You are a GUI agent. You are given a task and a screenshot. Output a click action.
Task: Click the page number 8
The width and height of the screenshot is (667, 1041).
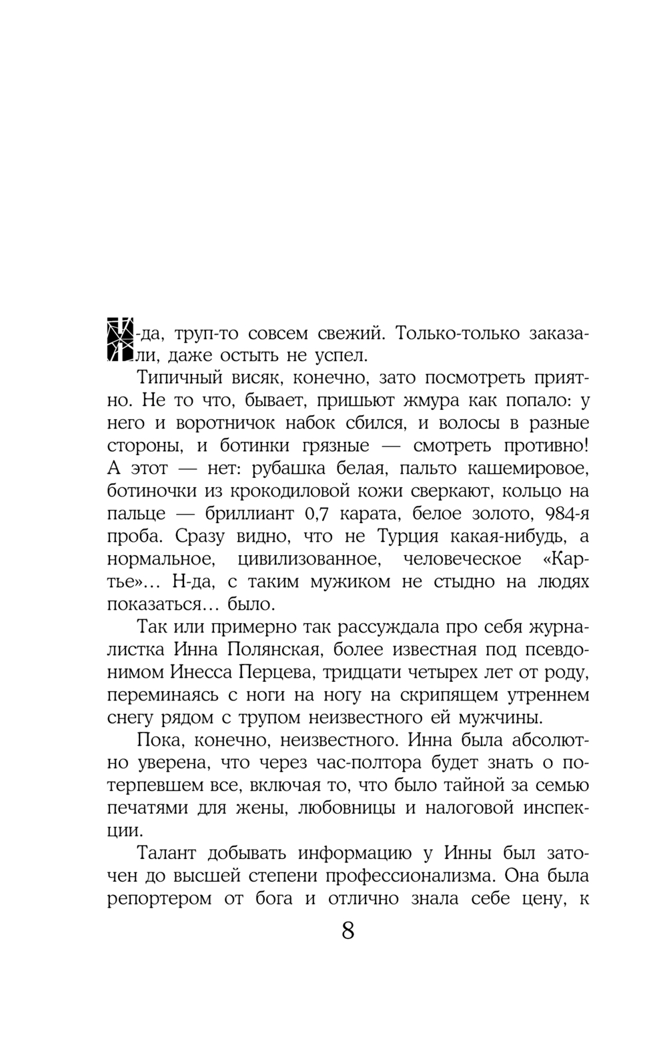(348, 930)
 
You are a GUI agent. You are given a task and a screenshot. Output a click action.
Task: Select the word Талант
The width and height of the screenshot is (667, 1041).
(169, 854)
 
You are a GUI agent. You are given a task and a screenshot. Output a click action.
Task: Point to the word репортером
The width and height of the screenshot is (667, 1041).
(163, 899)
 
